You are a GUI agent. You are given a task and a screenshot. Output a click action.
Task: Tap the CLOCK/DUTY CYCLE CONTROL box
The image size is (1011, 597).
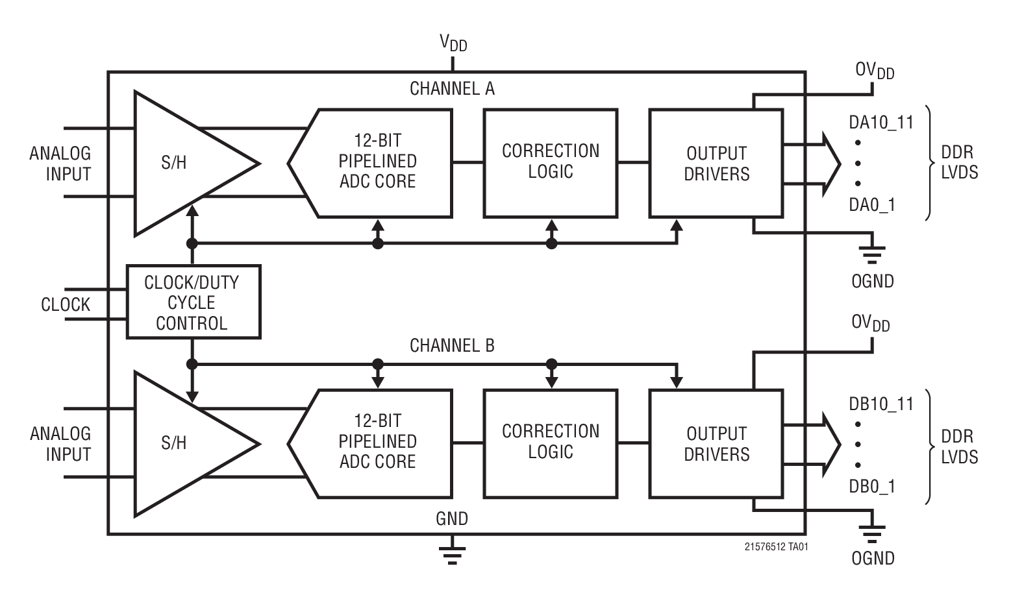193,302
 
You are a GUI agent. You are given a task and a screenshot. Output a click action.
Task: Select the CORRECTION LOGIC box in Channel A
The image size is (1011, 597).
550,162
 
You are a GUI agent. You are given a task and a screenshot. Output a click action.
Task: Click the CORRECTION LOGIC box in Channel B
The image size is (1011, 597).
550,443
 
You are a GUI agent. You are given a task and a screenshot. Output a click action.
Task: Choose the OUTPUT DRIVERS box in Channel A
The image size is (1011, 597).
716,163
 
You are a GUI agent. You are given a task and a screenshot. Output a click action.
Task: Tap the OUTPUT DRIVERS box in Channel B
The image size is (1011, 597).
716,443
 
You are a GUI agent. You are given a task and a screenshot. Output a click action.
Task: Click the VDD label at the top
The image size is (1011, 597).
453,43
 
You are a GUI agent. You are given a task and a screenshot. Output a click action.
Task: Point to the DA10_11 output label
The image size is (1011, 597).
880,122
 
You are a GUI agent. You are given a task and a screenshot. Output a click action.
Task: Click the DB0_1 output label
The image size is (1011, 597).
871,487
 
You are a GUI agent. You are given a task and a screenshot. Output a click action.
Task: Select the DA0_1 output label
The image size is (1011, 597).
871,205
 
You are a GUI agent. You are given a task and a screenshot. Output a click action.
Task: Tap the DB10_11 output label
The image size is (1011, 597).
880,404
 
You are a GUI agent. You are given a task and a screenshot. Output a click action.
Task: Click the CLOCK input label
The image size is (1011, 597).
66,304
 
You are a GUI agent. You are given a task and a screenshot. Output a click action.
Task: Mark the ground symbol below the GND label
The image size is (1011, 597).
452,552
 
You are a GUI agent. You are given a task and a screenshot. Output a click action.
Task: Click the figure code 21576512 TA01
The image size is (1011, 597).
776,547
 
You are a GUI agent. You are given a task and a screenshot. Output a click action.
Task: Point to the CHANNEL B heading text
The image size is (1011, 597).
452,346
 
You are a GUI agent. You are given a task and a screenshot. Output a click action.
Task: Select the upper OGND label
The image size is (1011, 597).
872,282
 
